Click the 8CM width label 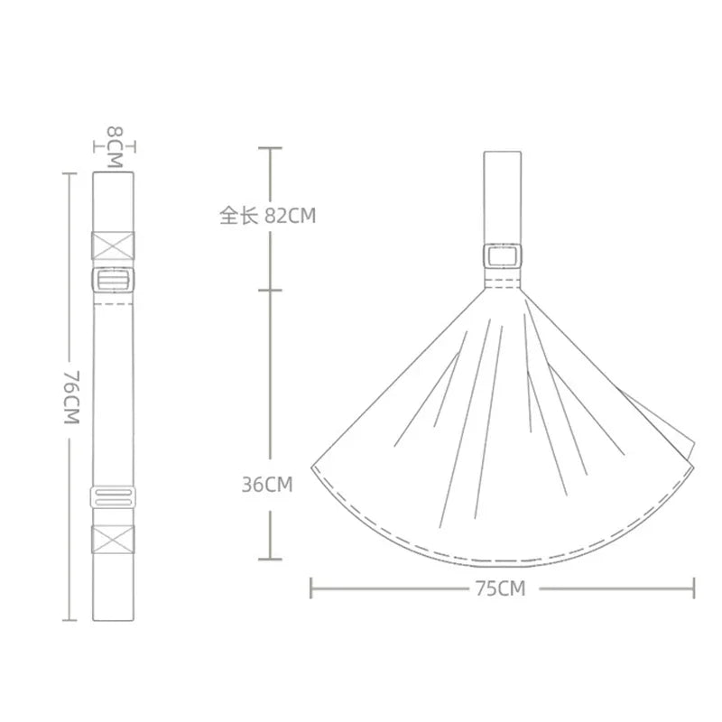pyautogui.click(x=116, y=147)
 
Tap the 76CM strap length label pyautogui.click(x=72, y=397)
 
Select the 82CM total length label pyautogui.click(x=291, y=216)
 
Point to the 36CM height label pyautogui.click(x=267, y=485)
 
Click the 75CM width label pyautogui.click(x=501, y=588)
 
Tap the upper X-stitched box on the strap pyautogui.click(x=114, y=245)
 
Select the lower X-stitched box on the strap pyautogui.click(x=114, y=539)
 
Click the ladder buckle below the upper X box pyautogui.click(x=114, y=280)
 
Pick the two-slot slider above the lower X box pyautogui.click(x=114, y=496)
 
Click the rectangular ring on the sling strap pyautogui.click(x=503, y=256)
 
